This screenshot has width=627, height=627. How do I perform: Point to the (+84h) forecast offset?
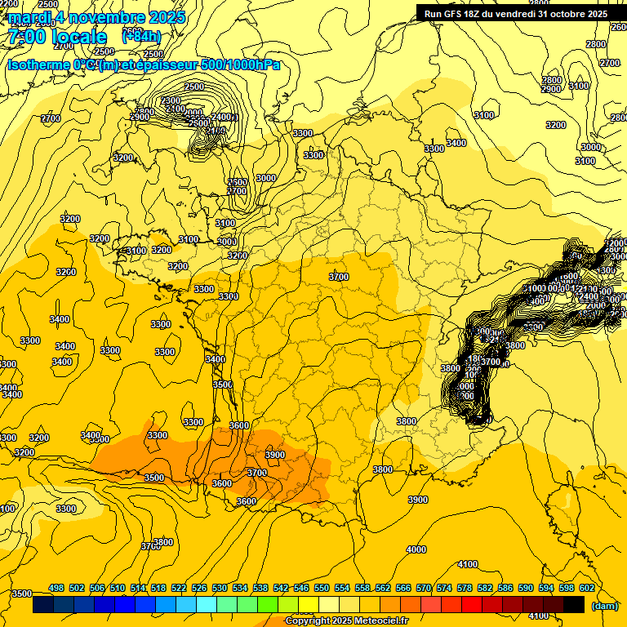tap(141, 36)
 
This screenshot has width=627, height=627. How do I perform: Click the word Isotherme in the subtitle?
tap(38, 64)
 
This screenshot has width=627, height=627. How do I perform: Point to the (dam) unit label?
tap(603, 606)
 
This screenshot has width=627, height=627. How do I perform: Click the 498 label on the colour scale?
tap(56, 588)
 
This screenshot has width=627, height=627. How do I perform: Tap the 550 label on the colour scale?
tap(322, 588)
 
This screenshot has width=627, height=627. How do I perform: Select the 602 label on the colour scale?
tap(585, 588)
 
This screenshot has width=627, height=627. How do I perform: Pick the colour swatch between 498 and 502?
tap(64, 605)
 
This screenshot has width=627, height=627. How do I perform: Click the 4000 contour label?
tap(416, 549)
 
